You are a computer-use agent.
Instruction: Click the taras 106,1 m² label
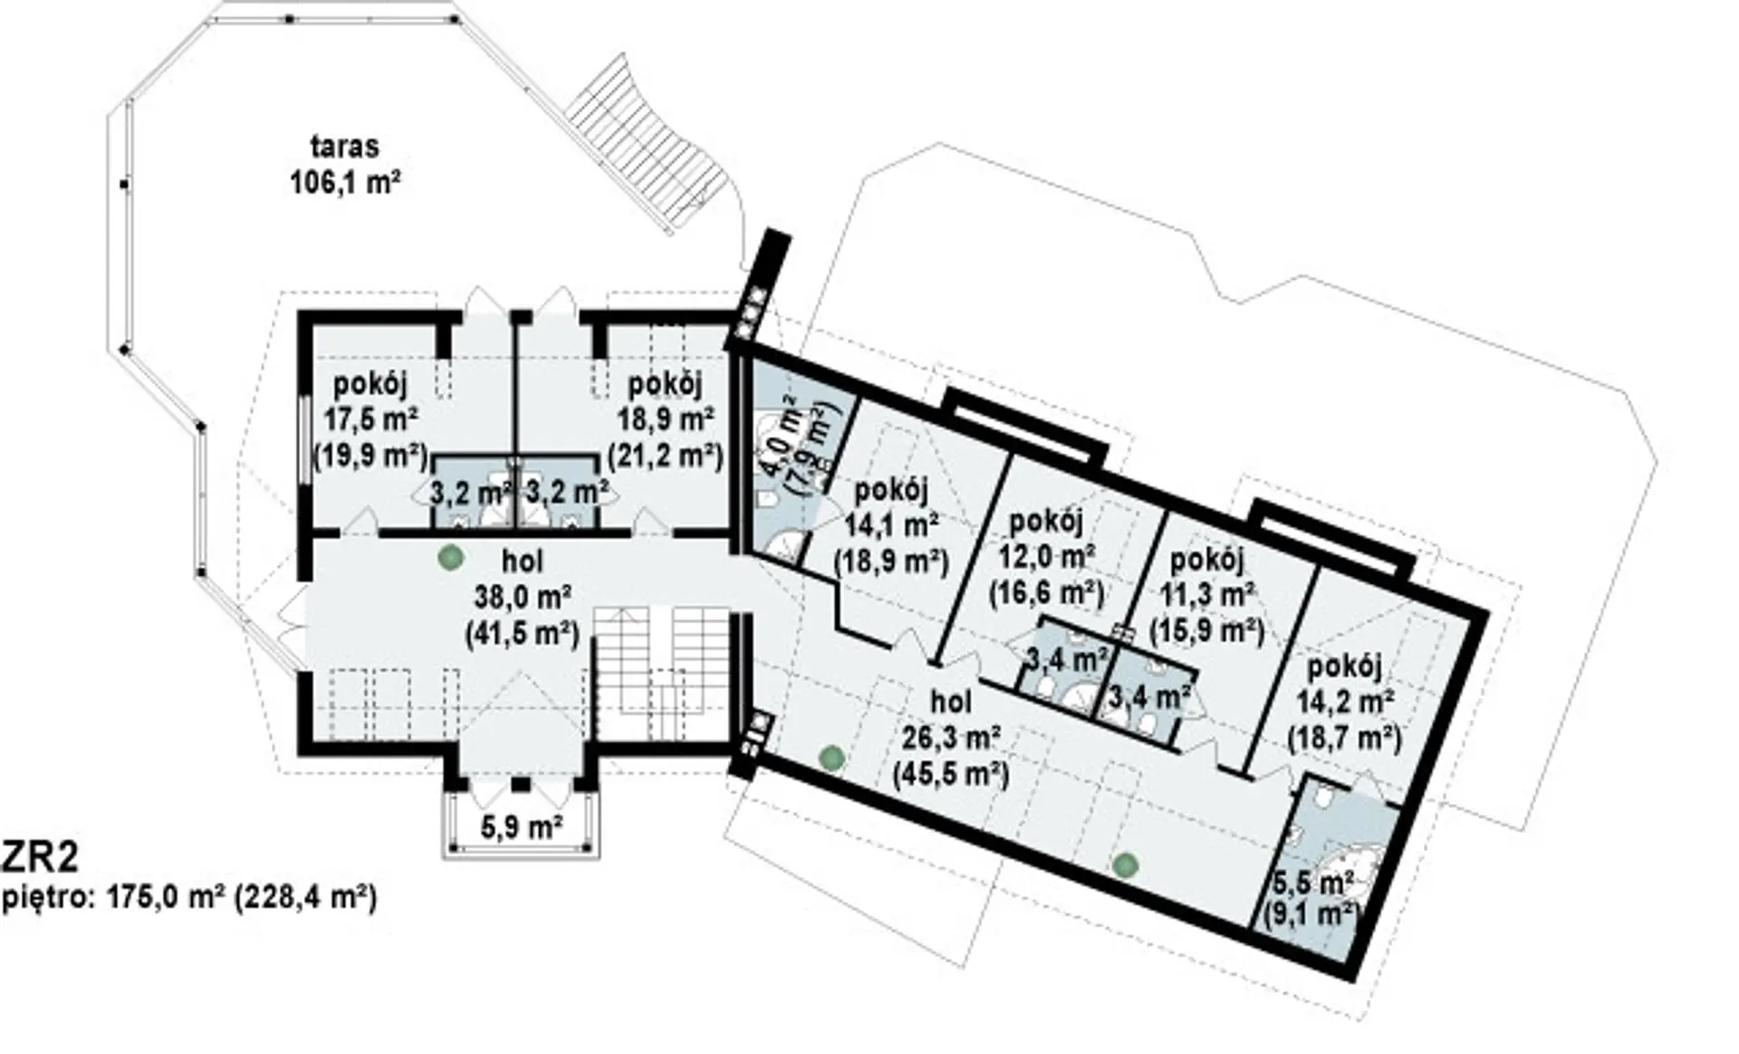(x=345, y=164)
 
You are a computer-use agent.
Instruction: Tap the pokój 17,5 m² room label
(x=370, y=419)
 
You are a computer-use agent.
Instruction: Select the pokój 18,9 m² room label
(x=666, y=419)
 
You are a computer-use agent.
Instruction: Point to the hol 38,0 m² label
(x=523, y=597)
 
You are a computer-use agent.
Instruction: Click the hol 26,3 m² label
(x=951, y=738)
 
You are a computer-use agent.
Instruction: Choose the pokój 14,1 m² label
(x=891, y=525)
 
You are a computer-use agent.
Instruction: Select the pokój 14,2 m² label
(x=1344, y=703)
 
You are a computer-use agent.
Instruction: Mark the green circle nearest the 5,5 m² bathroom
(x=1124, y=865)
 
